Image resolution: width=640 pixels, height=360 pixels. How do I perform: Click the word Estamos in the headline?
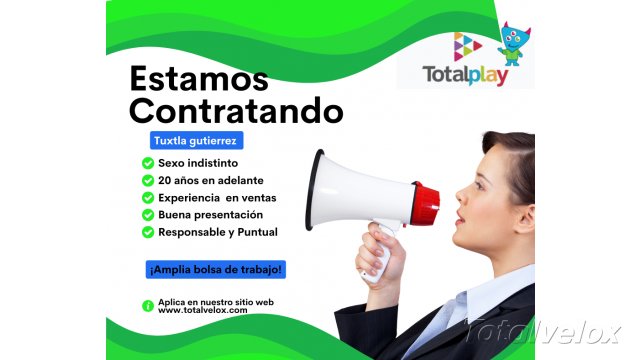coord(199,78)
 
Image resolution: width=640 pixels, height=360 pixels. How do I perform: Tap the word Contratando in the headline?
coord(236,108)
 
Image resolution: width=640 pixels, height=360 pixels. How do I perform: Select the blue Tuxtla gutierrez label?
coord(195,141)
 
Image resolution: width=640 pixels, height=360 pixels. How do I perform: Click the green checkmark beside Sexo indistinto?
coord(148,163)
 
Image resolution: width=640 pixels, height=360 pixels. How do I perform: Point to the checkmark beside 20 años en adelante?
coord(148,180)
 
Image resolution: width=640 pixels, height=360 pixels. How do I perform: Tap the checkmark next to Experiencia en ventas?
coord(148,198)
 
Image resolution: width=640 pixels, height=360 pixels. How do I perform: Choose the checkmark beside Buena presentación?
coord(148,215)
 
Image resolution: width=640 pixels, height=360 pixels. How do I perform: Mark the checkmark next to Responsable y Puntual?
coord(148,232)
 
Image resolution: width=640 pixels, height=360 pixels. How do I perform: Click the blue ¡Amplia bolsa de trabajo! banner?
coord(215,269)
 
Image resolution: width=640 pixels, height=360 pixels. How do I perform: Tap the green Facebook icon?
coord(148,305)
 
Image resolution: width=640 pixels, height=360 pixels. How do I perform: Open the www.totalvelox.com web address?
coord(203,311)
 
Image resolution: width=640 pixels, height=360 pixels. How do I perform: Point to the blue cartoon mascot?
coord(515,45)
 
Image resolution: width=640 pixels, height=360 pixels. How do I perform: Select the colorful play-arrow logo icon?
coord(468,45)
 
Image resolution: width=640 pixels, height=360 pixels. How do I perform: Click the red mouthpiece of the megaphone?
coord(427,204)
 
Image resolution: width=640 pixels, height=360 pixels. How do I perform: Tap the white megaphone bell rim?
coord(318,190)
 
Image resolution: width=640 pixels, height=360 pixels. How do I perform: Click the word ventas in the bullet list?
coord(254,198)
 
